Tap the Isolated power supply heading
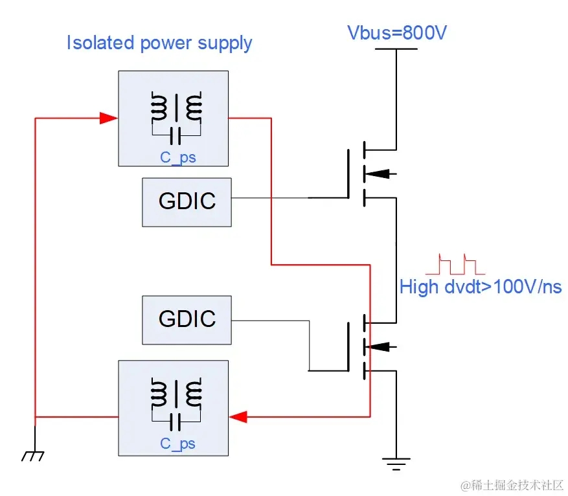pos(159,43)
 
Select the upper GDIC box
pos(187,201)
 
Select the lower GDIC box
pos(187,319)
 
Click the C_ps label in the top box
pos(178,157)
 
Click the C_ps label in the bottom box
pos(178,444)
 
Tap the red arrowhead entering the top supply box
pos(108,118)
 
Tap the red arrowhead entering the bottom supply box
pos(239,416)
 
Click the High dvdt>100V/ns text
pos(480,287)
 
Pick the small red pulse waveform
pos(451,264)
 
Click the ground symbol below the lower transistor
pos(395,462)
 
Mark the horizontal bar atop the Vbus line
pos(395,49)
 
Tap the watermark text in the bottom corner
pos(512,485)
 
